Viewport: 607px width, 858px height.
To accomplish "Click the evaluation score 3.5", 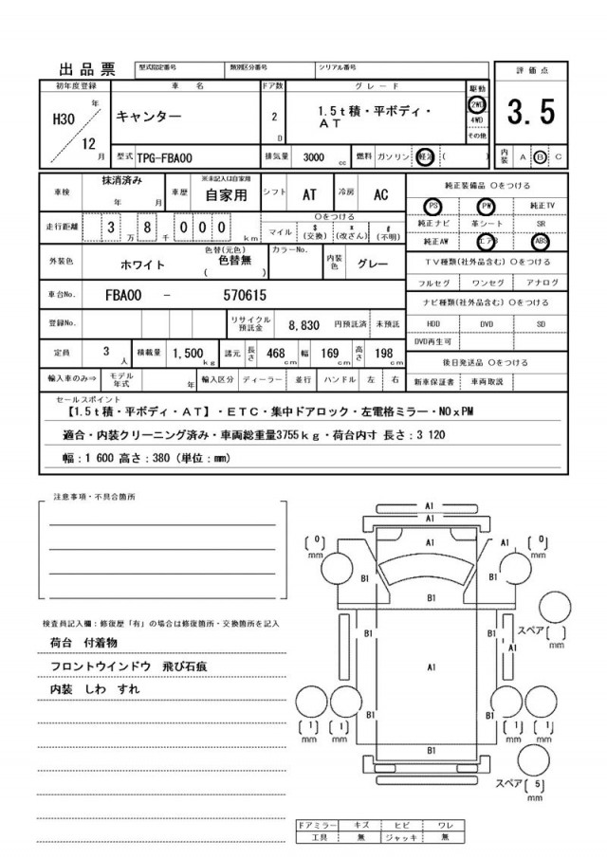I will pyautogui.click(x=530, y=115).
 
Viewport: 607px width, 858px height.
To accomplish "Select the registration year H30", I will pyautogui.click(x=63, y=121).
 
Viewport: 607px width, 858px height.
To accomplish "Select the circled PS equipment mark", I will pyautogui.click(x=433, y=205).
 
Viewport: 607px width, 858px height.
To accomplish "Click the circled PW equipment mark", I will pyautogui.click(x=487, y=205).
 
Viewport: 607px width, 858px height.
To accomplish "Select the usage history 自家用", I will pyautogui.click(x=228, y=194).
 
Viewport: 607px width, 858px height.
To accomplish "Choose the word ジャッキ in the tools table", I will pyautogui.click(x=403, y=837).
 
